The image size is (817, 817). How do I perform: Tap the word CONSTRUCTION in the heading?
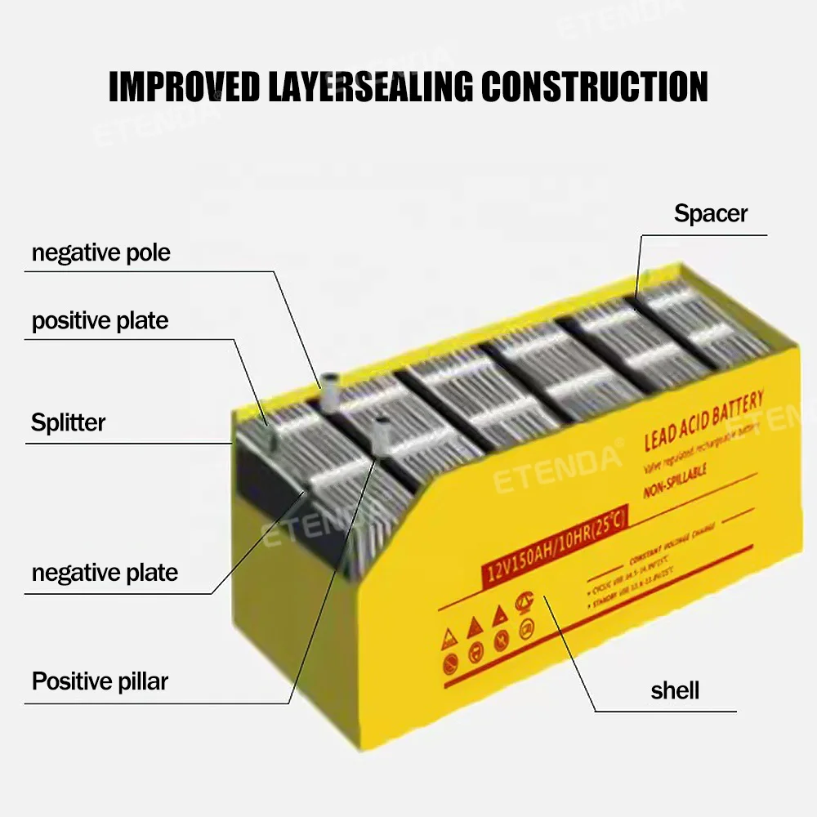click(595, 86)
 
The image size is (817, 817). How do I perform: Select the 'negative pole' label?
click(100, 252)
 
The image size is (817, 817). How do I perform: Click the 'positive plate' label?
click(100, 320)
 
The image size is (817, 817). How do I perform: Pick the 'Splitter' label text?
click(68, 422)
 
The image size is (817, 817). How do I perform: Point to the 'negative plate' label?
click(105, 572)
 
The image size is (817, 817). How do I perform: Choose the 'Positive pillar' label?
click(100, 681)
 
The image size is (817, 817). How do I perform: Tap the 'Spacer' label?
click(710, 214)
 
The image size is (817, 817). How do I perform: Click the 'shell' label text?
click(675, 690)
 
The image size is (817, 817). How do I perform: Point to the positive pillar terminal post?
click(381, 433)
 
